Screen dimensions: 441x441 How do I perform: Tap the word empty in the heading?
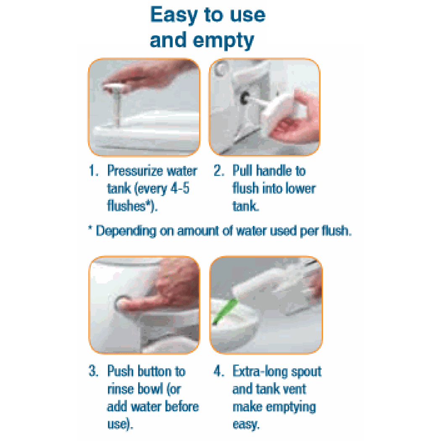tap(223, 41)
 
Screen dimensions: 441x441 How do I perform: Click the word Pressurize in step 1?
tap(135, 171)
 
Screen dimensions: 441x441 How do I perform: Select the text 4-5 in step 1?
tap(180, 188)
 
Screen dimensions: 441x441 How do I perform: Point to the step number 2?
tap(218, 171)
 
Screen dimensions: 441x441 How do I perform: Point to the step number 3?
tap(94, 371)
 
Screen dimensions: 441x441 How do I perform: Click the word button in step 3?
tap(154, 371)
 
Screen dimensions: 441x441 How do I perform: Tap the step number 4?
tap(218, 371)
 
